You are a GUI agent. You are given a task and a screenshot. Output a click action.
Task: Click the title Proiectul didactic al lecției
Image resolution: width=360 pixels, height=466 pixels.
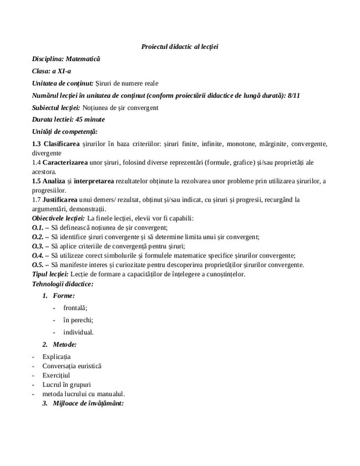pos(179,47)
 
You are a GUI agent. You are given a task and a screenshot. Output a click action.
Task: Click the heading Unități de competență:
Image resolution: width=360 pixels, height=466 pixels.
pos(65,132)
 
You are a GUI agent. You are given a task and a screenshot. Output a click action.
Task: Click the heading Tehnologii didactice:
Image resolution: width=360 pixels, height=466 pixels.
pos(65,284)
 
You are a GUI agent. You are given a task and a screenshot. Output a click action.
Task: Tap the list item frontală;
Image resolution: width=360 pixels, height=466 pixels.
pos(75,308)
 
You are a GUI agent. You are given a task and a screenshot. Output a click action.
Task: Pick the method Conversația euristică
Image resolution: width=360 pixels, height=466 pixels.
pos(72,366)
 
